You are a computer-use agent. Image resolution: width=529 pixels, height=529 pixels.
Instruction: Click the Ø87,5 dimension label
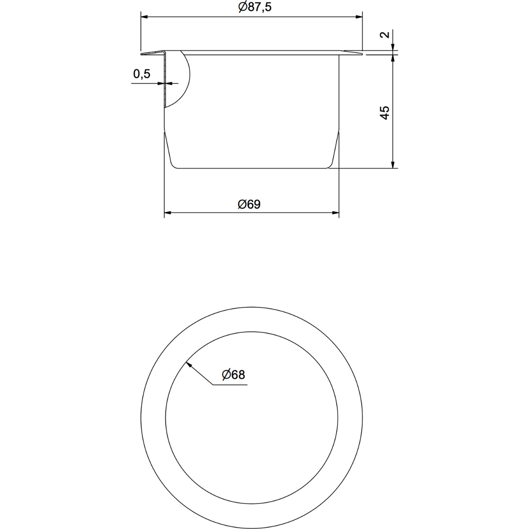click(x=255, y=7)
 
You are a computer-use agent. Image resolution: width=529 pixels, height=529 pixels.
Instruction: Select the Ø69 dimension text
click(x=249, y=204)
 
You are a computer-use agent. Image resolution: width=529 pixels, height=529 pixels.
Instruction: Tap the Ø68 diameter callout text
click(x=233, y=374)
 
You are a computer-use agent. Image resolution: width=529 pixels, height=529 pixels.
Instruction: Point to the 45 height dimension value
click(x=385, y=112)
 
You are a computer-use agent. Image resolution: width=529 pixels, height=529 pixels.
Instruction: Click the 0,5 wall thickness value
click(x=142, y=74)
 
